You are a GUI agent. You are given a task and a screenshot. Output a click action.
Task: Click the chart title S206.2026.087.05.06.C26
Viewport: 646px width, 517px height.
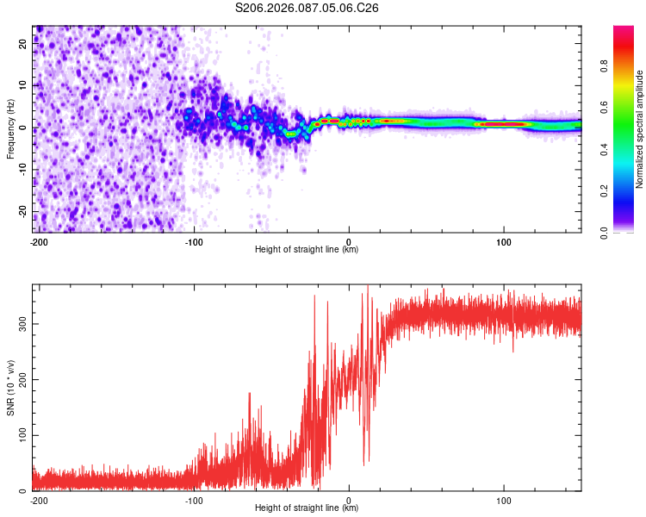pos(307,8)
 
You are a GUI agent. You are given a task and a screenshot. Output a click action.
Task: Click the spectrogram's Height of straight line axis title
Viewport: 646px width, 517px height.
pos(307,250)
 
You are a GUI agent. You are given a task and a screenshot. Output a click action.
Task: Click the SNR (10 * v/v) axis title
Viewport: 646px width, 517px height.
pos(11,387)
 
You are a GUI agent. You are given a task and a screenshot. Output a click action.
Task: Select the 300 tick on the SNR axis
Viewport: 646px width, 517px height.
pos(22,324)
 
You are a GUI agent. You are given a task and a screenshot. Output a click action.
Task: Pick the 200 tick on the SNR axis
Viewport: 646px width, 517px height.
pos(22,380)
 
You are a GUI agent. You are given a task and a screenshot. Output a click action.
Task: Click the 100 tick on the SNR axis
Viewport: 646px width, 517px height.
pos(22,435)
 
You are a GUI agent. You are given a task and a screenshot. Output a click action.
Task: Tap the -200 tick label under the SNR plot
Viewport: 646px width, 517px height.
pos(38,500)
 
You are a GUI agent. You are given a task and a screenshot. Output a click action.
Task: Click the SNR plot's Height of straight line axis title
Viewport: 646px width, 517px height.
pos(307,508)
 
